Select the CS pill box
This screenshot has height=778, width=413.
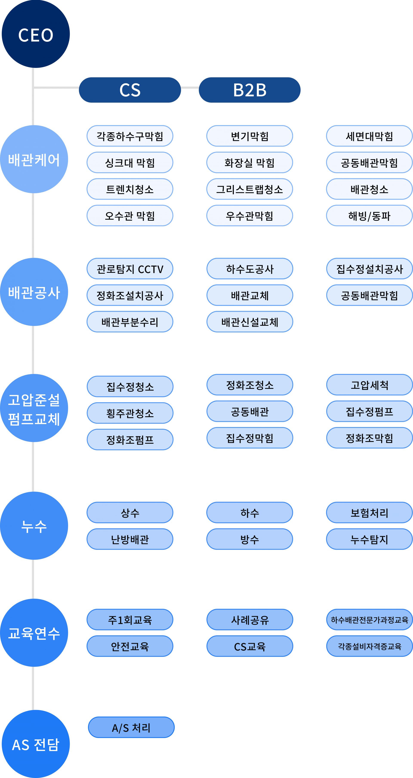(x=130, y=90)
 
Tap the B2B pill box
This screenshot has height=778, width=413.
(x=250, y=90)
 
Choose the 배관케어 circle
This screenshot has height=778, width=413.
(x=34, y=159)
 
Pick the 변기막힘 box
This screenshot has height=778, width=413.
(x=250, y=136)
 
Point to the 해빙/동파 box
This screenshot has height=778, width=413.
(x=369, y=216)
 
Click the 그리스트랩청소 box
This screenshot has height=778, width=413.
(x=250, y=189)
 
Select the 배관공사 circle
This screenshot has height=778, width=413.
(x=34, y=292)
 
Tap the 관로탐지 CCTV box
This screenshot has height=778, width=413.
(x=130, y=269)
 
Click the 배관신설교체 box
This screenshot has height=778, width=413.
(x=250, y=322)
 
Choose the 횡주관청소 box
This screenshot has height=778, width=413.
(x=130, y=413)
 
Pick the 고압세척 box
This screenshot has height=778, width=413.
(x=369, y=385)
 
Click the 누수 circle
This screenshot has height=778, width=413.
(x=34, y=526)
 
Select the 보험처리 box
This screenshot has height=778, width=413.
(x=369, y=512)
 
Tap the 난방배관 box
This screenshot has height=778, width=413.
(x=130, y=539)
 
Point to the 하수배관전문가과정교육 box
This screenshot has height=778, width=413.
(x=369, y=620)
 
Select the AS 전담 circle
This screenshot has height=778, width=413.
(x=36, y=744)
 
